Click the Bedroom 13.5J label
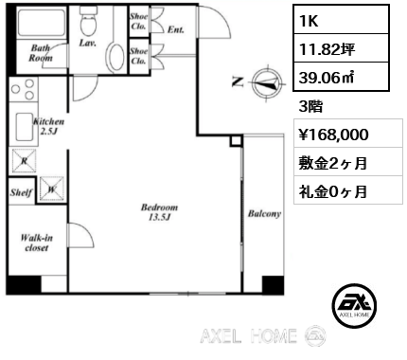pyautogui.click(x=159, y=212)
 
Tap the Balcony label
pyautogui.click(x=264, y=214)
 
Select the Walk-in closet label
pyautogui.click(x=37, y=243)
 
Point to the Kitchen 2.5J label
pyautogui.click(x=49, y=126)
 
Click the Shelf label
pyautogui.click(x=21, y=192)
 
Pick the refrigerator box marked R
pyautogui.click(x=25, y=161)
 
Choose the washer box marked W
pyautogui.click(x=52, y=189)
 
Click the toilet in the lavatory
pyautogui.click(x=87, y=21)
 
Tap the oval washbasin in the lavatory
pyautogui.click(x=116, y=57)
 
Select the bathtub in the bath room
pyautogui.click(x=42, y=23)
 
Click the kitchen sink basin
pyautogui.click(x=24, y=126)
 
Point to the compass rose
pyautogui.click(x=268, y=82)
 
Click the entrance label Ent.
pyautogui.click(x=176, y=29)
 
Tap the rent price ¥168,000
pyautogui.click(x=333, y=135)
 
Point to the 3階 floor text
pyautogui.click(x=310, y=107)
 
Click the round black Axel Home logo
pyautogui.click(x=354, y=305)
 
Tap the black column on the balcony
pyautogui.click(x=273, y=284)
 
